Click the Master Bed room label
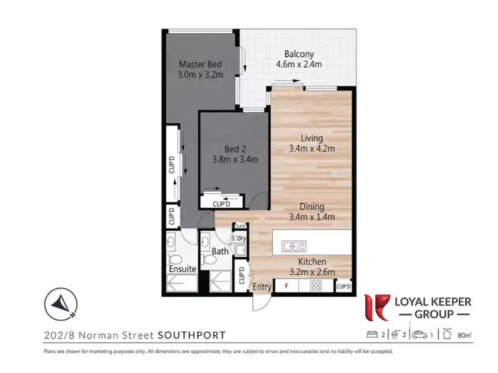(200, 64)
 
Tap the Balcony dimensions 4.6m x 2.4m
(299, 64)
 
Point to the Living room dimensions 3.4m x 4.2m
(311, 149)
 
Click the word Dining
(311, 206)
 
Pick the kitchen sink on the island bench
(291, 246)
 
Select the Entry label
(262, 287)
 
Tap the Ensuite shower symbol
(181, 284)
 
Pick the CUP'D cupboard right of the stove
(343, 287)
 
